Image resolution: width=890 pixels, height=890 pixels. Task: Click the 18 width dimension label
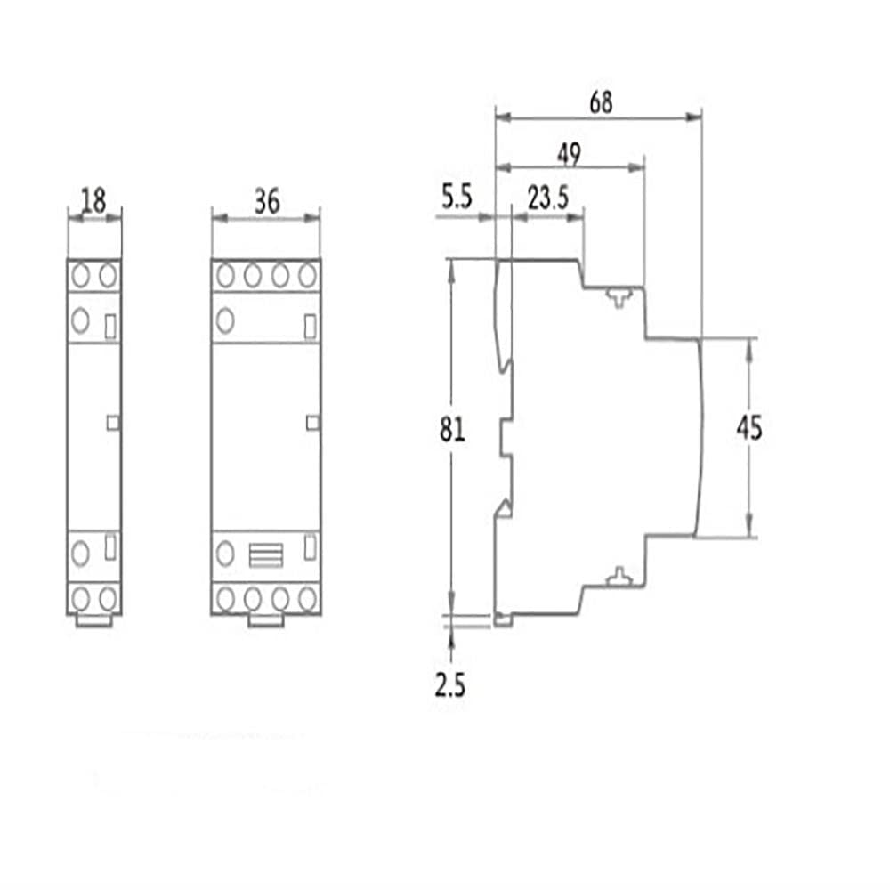pos(93,201)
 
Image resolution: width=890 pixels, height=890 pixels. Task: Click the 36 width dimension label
pos(266,201)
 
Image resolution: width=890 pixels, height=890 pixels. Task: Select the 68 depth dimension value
pos(601,101)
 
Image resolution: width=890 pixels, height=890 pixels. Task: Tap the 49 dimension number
pos(569,154)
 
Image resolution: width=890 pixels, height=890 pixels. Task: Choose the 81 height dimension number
pos(452,430)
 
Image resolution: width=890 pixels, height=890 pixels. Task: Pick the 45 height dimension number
pos(749,429)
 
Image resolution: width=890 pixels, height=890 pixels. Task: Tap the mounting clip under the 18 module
pos(94,620)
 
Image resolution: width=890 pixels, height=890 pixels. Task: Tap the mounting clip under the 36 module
pos(266,620)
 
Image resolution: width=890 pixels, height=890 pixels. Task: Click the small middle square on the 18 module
pos(112,423)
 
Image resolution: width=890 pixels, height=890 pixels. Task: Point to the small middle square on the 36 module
pos(311,423)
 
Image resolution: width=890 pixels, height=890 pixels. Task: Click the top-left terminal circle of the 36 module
pos(224,275)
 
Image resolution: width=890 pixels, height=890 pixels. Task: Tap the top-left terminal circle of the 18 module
pos(80,275)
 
